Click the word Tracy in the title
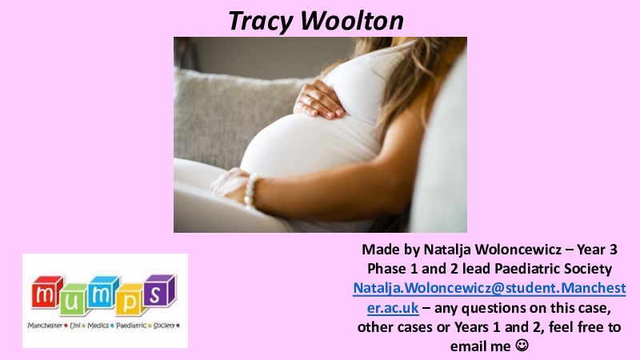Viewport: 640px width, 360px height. (x=261, y=21)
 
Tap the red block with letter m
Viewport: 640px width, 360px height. (x=46, y=293)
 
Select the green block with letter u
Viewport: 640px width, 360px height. (x=72, y=302)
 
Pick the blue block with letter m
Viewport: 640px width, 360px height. (x=103, y=293)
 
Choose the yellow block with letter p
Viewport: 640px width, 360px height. (x=129, y=301)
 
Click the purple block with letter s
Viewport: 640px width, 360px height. (x=158, y=290)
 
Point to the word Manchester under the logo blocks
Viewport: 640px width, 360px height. (x=45, y=326)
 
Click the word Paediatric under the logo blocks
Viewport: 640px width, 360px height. (x=130, y=326)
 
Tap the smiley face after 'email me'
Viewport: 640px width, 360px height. (x=522, y=346)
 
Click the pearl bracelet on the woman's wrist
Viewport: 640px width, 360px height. (x=250, y=190)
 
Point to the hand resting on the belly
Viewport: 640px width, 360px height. (x=318, y=99)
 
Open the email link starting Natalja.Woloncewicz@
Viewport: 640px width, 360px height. (x=490, y=298)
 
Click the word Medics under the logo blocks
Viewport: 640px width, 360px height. (x=98, y=326)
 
